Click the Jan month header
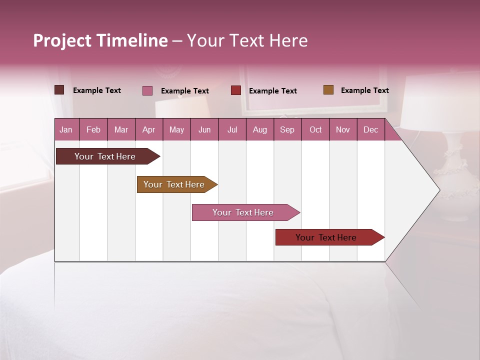(66, 129)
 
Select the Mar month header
(121, 129)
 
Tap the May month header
(176, 129)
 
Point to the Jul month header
(232, 129)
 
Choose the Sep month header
(287, 129)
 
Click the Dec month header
(370, 129)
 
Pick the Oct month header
(315, 129)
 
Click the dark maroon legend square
(59, 90)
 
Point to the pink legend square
(147, 90)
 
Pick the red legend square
(236, 90)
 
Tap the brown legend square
(328, 90)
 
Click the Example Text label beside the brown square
(364, 90)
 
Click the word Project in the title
(62, 41)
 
